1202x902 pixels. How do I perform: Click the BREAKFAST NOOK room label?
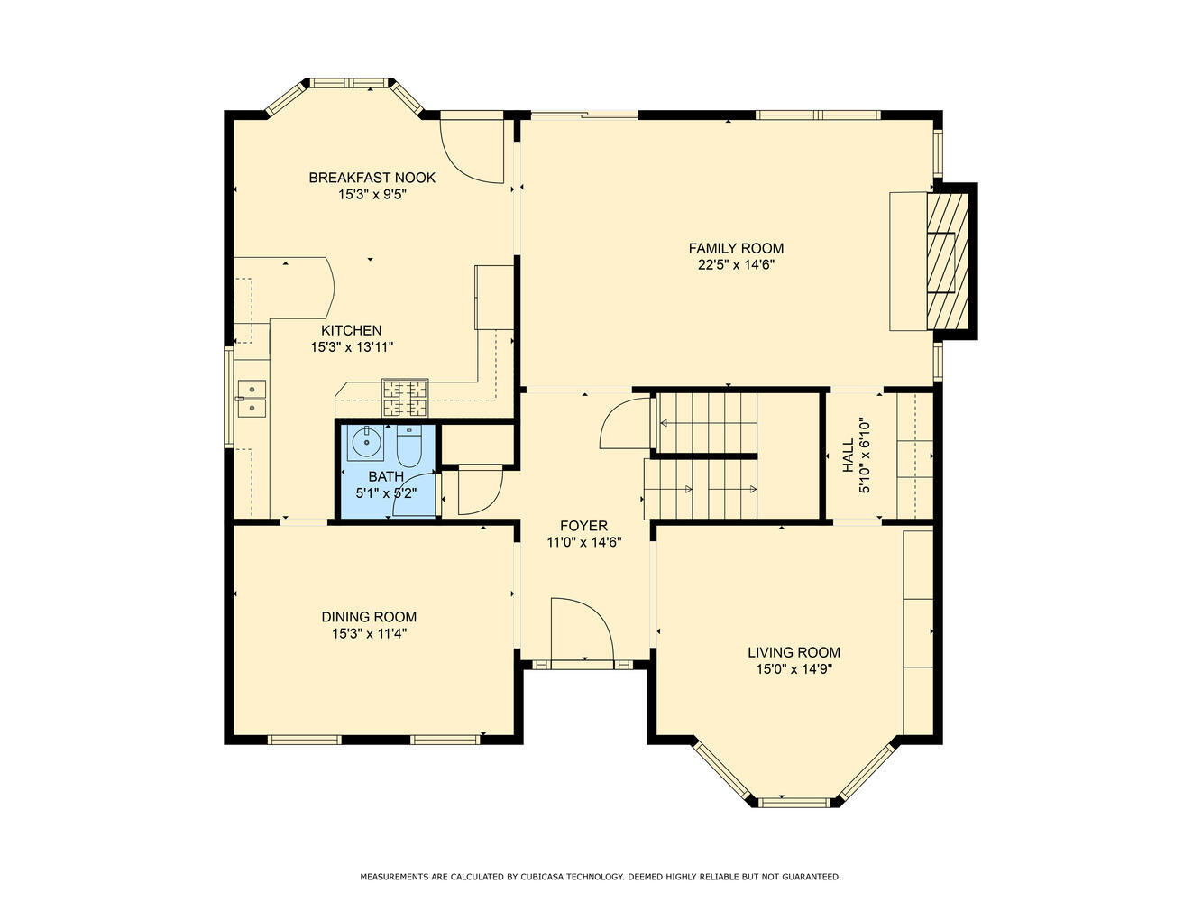[372, 178]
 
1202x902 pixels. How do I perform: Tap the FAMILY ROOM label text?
[736, 248]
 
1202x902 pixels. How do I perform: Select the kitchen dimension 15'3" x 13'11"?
[352, 346]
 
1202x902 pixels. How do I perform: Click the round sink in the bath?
[364, 441]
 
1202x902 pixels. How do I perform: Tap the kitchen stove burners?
[405, 397]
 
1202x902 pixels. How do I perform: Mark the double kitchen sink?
[252, 399]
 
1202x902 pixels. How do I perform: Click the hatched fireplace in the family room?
[948, 261]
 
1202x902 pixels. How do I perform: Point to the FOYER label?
[583, 526]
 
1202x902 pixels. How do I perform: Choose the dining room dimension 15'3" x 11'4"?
[369, 633]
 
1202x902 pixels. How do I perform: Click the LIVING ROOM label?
[794, 652]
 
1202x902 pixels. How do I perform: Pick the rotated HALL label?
[848, 456]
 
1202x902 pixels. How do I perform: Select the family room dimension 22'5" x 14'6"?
[736, 265]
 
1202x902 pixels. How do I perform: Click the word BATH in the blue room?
[386, 476]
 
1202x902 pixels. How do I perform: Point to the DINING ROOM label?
[369, 617]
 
